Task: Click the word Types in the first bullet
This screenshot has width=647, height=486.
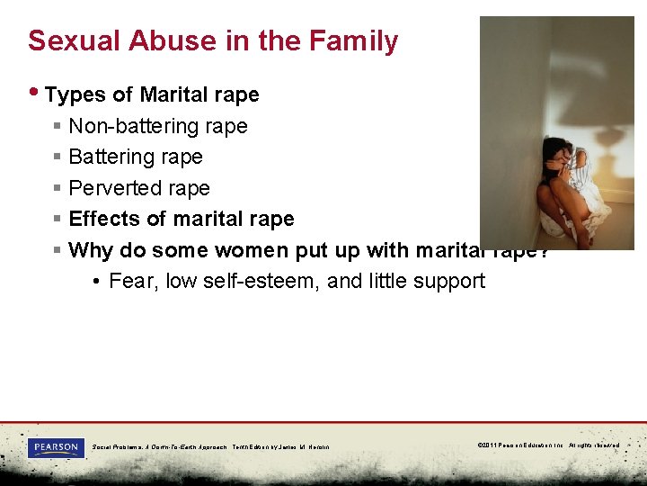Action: point(72,94)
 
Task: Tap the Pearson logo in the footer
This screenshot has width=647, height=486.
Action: point(56,447)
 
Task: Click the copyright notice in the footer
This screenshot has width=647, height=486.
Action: point(548,445)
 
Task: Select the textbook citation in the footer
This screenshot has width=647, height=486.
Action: point(210,446)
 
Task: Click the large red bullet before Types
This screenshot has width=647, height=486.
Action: point(35,94)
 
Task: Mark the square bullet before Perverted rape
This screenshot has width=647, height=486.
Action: point(57,189)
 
